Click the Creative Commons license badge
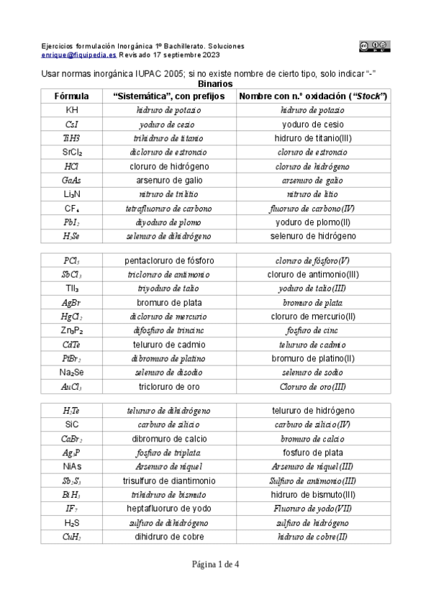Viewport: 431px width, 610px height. (374, 46)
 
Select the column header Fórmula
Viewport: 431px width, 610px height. (72, 96)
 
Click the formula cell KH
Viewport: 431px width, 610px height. (72, 110)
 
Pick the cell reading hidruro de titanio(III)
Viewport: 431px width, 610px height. (313, 138)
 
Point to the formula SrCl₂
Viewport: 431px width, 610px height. (72, 152)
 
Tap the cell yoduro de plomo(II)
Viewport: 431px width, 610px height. (313, 222)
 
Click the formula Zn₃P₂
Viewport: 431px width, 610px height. (72, 330)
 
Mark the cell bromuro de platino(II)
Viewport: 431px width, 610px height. (313, 358)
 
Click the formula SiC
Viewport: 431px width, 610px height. (72, 424)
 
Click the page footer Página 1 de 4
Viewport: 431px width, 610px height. (215, 564)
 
